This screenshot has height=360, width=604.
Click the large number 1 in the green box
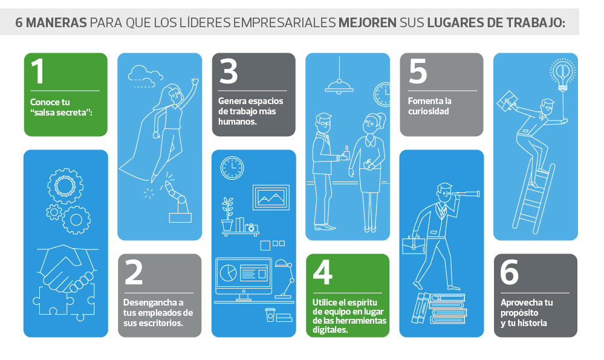(37, 71)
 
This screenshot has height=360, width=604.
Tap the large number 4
(322, 272)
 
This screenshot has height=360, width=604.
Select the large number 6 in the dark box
(509, 272)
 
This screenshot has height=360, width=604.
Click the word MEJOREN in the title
(368, 22)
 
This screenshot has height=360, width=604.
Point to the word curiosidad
(428, 111)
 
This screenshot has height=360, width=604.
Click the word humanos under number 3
(237, 122)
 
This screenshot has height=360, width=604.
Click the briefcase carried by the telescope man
(414, 246)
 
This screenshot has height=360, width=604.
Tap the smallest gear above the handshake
(54, 212)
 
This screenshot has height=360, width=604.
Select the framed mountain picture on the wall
(271, 197)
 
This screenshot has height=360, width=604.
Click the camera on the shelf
(251, 227)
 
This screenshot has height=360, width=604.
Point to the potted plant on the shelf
(227, 214)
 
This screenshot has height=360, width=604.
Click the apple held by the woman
(368, 165)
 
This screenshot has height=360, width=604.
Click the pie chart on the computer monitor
(228, 272)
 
